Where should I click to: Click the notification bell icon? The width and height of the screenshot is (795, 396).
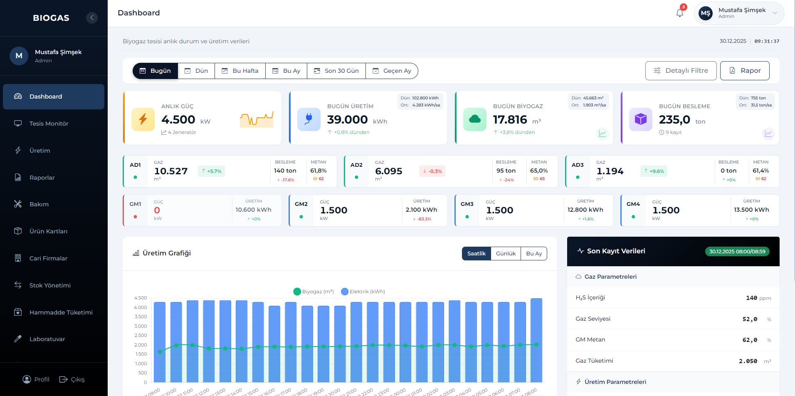[680, 13]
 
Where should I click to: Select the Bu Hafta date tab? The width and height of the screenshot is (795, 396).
[240, 71]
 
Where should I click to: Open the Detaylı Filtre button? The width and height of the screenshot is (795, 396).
[681, 71]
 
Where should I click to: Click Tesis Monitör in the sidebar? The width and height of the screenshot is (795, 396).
[49, 124]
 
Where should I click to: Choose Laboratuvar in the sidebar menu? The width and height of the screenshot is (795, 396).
[47, 339]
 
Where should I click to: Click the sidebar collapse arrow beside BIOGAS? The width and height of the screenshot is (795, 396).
[92, 17]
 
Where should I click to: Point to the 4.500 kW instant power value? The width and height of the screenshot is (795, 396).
[178, 120]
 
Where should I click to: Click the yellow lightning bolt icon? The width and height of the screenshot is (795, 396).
[143, 119]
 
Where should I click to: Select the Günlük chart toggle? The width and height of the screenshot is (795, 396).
[506, 253]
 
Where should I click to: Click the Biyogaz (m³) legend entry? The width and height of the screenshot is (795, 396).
[314, 292]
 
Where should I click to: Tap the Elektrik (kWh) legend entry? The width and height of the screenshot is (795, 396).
[363, 292]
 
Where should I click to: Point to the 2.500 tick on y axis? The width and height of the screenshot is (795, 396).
[141, 335]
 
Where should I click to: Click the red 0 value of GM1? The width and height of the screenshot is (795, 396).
[157, 210]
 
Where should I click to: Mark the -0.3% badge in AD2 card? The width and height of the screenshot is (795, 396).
[432, 171]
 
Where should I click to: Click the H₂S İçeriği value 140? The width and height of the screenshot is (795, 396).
[751, 298]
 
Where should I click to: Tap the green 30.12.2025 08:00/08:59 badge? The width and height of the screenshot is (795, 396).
[737, 251]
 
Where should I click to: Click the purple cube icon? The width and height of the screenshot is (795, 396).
[640, 119]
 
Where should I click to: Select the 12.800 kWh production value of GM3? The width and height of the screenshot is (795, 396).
[585, 210]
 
